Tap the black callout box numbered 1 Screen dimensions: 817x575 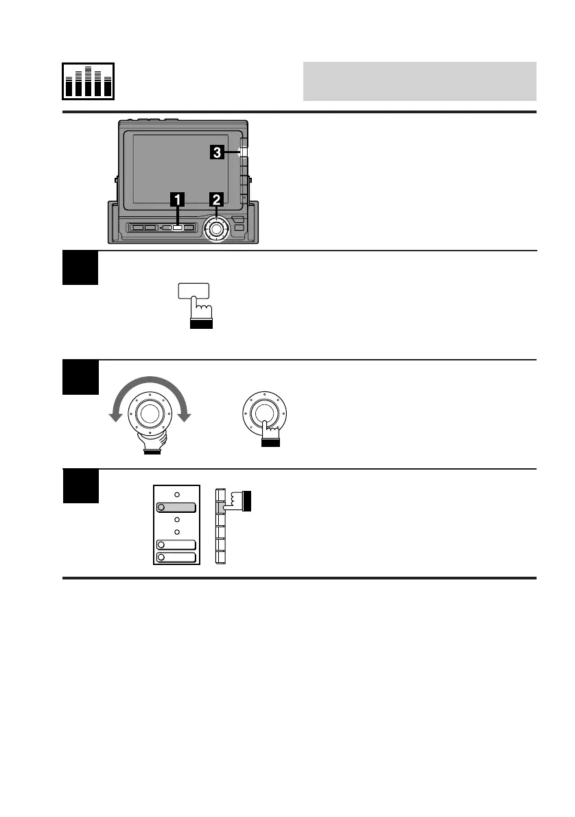click(177, 199)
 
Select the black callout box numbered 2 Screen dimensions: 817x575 click(217, 199)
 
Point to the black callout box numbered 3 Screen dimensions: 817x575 click(216, 154)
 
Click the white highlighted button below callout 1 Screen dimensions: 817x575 click(177, 227)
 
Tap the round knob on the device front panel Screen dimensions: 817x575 click(217, 229)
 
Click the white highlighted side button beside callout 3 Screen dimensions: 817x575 click(243, 152)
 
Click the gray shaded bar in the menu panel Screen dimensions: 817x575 click(176, 508)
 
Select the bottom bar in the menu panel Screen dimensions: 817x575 click(176, 557)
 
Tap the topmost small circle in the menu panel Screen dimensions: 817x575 click(176, 494)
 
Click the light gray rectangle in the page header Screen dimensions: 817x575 click(419, 81)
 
